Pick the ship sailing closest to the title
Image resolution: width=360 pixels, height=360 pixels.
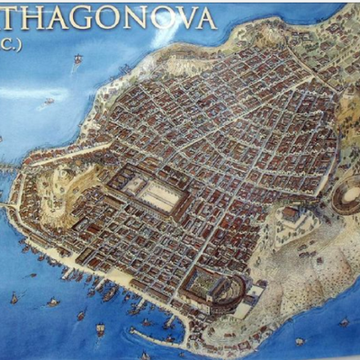pyautogui.click(x=78, y=60)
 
